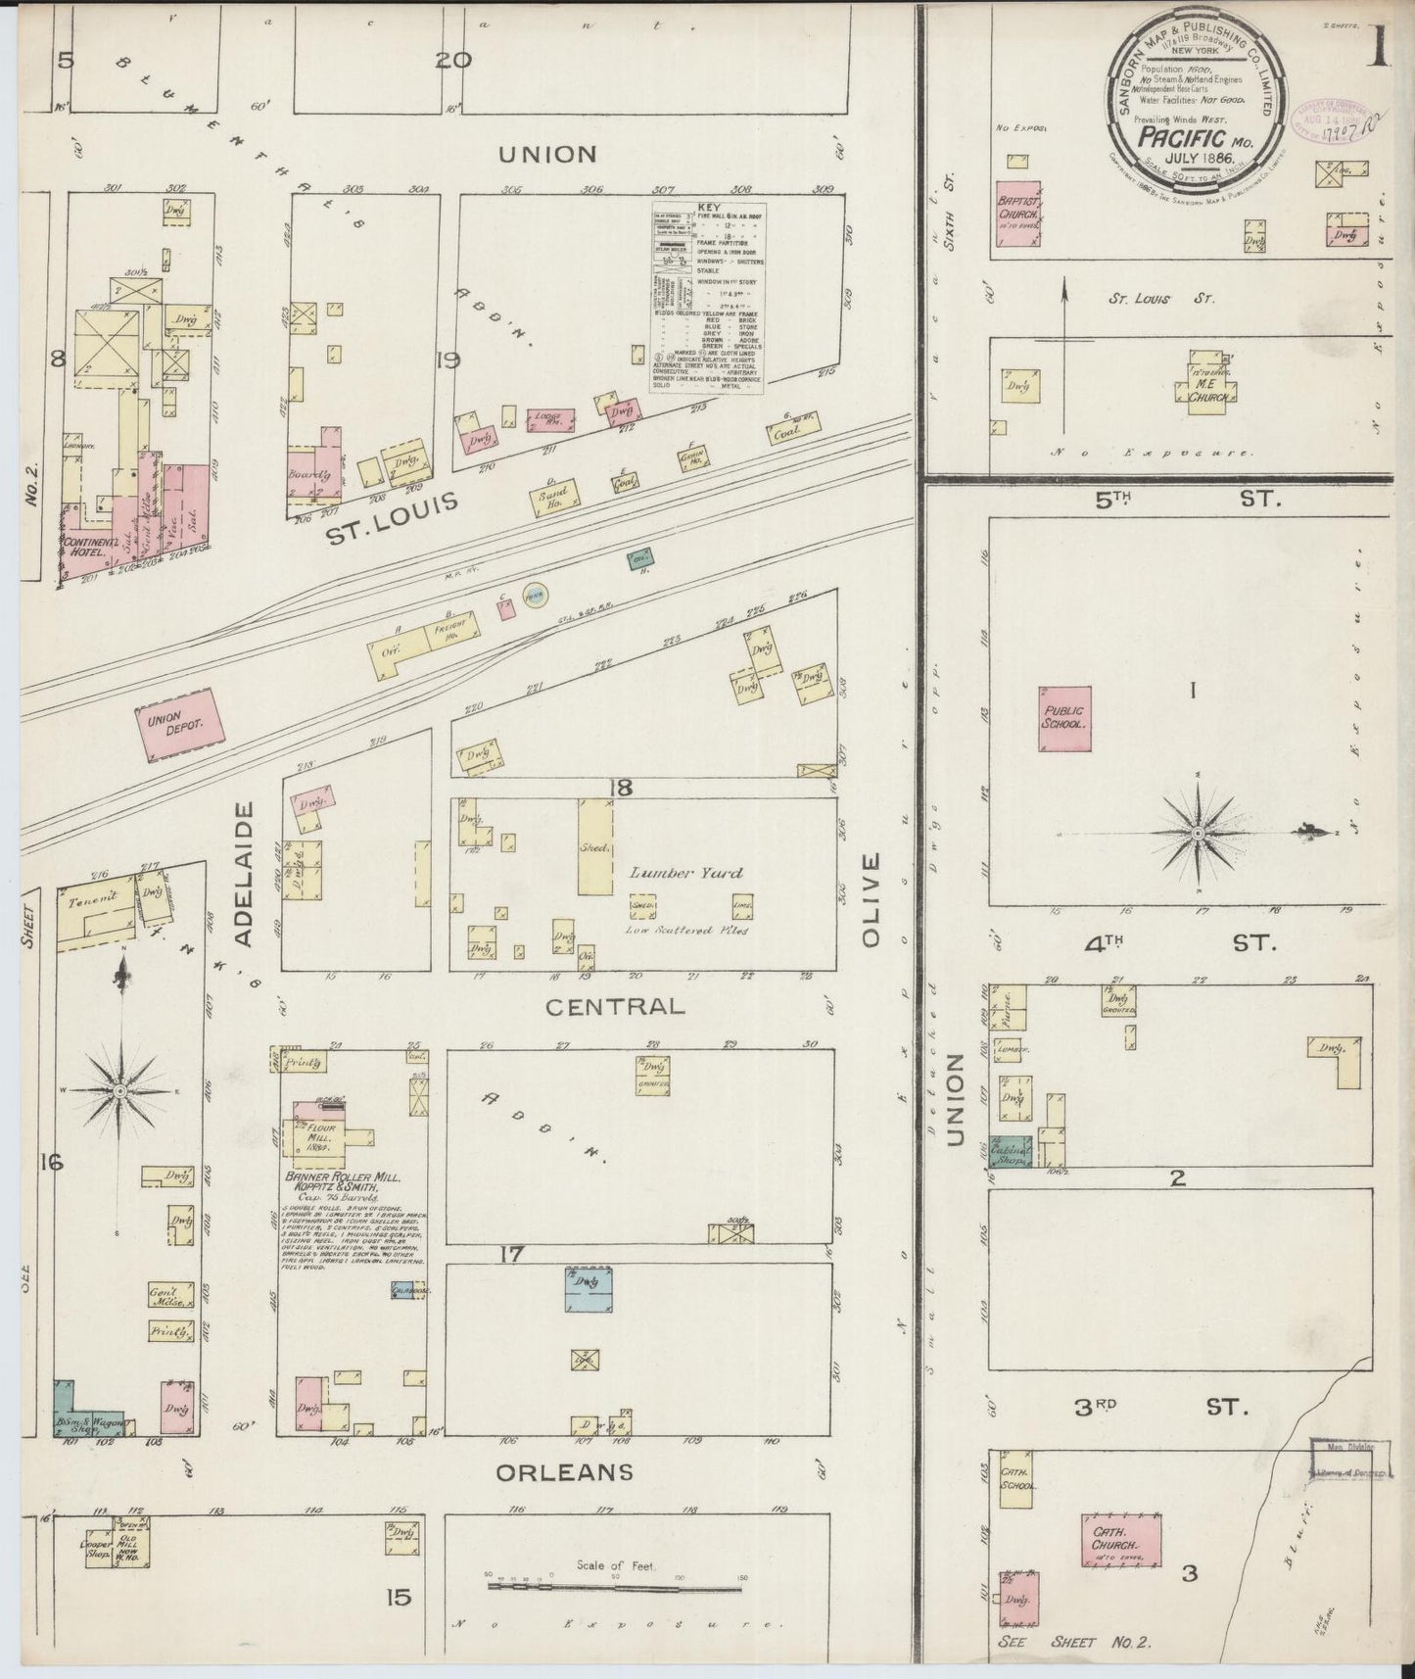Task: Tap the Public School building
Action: pos(1064,719)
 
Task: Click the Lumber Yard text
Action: pos(685,873)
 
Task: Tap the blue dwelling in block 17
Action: pos(589,1288)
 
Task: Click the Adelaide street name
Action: pos(245,874)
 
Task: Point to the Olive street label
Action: pos(871,899)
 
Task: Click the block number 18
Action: pos(620,787)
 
